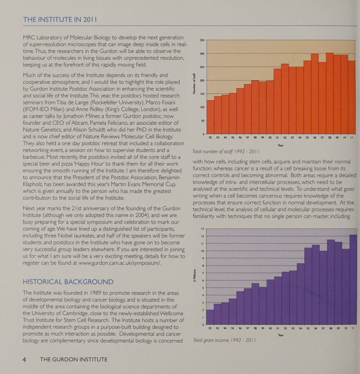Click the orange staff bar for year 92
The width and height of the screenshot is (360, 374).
click(x=210, y=117)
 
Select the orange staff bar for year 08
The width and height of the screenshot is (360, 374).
click(x=329, y=94)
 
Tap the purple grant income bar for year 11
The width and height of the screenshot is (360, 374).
click(x=353, y=279)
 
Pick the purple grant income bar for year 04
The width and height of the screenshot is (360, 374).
click(x=301, y=294)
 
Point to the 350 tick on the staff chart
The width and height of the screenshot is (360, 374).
click(x=202, y=40)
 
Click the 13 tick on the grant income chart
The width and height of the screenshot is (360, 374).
click(x=202, y=229)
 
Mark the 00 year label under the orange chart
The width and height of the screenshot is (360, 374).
click(x=270, y=138)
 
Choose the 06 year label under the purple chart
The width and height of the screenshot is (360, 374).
click(x=315, y=328)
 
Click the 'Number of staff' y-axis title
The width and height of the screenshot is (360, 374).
click(x=194, y=83)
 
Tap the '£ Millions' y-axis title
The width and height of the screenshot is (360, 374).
click(x=195, y=276)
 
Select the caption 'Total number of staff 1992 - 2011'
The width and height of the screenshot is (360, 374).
click(x=226, y=152)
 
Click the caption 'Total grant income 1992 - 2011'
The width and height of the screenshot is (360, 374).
click(x=224, y=340)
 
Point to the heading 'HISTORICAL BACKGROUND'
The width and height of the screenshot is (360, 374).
click(x=68, y=282)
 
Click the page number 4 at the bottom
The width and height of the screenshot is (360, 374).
click(x=24, y=360)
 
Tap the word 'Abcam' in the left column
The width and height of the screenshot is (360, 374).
click(x=97, y=123)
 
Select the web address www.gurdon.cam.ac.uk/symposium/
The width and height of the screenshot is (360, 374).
click(x=120, y=263)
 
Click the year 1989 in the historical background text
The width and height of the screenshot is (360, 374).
click(x=94, y=293)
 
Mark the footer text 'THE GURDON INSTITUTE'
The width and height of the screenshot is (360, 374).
click(x=74, y=360)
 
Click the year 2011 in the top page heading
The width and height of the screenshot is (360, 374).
click(x=90, y=19)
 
